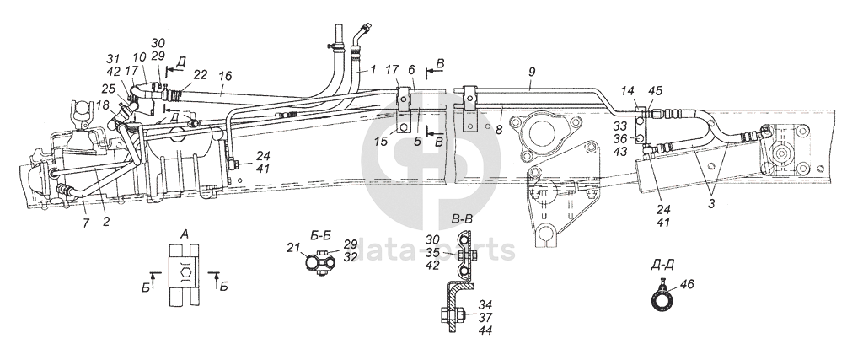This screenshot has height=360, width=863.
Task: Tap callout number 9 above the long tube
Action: [531, 74]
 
